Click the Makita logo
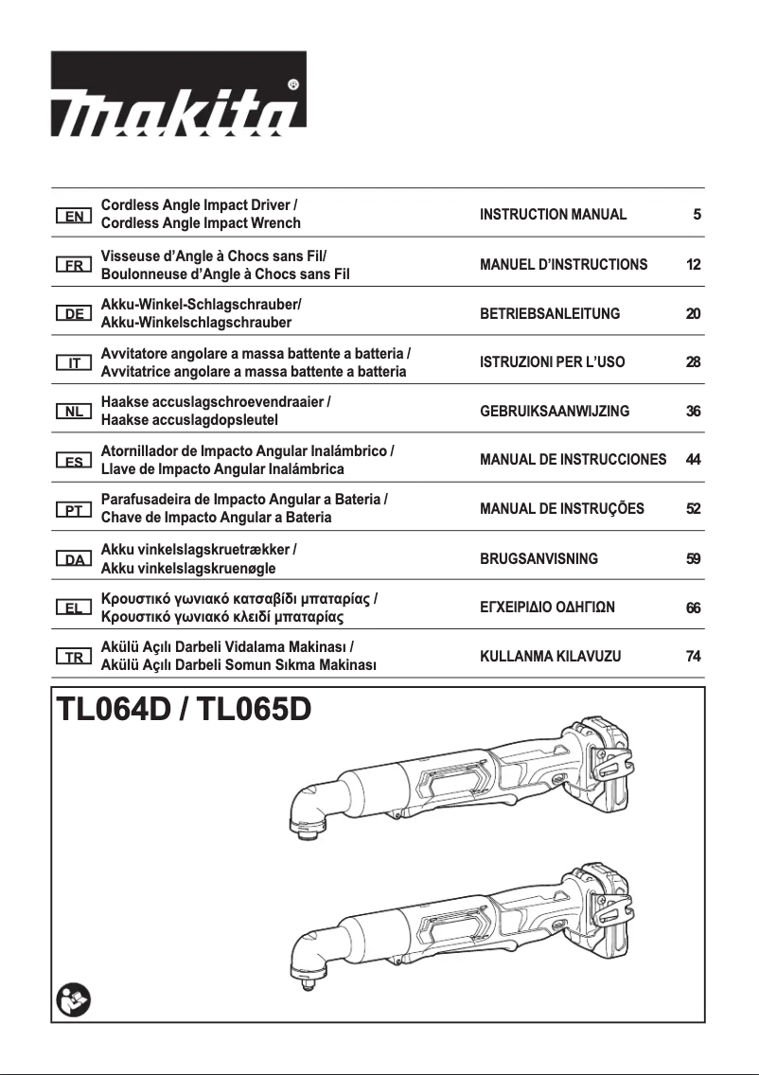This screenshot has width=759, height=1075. (x=179, y=105)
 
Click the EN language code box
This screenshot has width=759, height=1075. (x=73, y=215)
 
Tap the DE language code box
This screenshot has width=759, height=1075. (x=73, y=313)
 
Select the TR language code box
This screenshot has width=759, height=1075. (x=73, y=657)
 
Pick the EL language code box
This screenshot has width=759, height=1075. (x=73, y=608)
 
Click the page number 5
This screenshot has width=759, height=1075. (x=697, y=215)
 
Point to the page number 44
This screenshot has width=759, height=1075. (x=693, y=460)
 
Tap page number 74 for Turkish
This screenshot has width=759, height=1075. (x=693, y=656)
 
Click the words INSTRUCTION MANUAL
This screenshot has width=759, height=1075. (x=554, y=215)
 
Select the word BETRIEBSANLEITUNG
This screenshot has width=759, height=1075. (x=550, y=313)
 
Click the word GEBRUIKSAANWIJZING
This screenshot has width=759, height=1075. (x=555, y=412)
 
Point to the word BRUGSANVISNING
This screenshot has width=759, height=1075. (x=539, y=558)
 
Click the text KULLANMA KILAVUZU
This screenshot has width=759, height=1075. (x=551, y=656)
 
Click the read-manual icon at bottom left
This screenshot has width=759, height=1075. (x=70, y=997)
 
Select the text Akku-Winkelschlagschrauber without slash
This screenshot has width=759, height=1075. (x=196, y=323)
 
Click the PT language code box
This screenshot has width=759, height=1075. (x=73, y=510)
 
